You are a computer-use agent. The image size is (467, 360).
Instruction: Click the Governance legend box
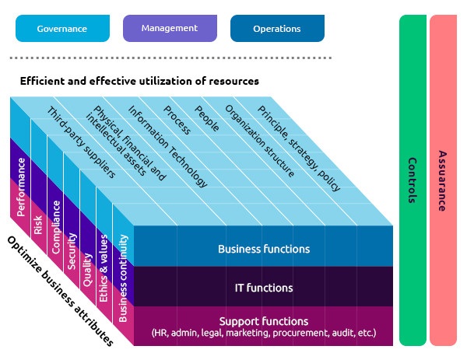(61, 29)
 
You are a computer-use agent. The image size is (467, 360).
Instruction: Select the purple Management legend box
(169, 29)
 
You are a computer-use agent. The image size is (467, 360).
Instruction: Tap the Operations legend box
(276, 29)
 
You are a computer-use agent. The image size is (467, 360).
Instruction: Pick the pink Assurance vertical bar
(442, 180)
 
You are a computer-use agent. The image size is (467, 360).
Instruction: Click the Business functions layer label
(264, 250)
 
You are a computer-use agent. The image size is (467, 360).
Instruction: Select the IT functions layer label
(264, 288)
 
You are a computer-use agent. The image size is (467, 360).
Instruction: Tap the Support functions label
(264, 326)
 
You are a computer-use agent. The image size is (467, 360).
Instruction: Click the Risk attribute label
(37, 225)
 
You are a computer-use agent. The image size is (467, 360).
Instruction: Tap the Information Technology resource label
(168, 147)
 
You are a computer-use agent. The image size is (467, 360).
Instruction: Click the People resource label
(206, 120)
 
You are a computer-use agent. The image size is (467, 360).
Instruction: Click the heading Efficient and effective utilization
(139, 81)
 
